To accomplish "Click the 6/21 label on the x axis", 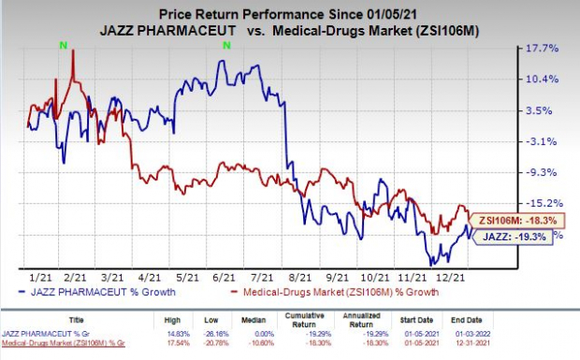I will click(x=224, y=278).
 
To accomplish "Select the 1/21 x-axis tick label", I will click(x=40, y=278).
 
